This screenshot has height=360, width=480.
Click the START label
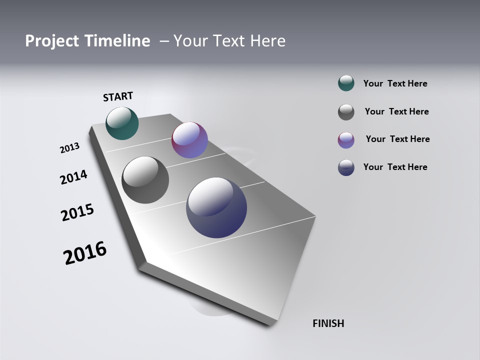[x=118, y=96]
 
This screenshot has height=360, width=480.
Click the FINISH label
[x=328, y=323]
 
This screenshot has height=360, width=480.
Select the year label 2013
[x=69, y=148]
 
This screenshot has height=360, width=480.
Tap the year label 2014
[x=73, y=177]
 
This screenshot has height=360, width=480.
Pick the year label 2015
[x=77, y=212]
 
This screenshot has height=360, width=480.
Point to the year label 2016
[x=85, y=252]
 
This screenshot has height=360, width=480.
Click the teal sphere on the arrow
[x=122, y=123]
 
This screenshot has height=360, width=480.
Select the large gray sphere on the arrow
[x=145, y=180]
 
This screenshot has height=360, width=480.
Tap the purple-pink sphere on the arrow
[x=189, y=140]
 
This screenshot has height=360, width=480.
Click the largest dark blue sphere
[x=216, y=207]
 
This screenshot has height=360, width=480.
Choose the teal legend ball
[x=346, y=83]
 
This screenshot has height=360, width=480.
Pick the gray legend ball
[x=346, y=112]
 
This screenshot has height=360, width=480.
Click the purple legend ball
[x=346, y=140]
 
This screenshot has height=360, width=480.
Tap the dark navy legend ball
[x=346, y=167]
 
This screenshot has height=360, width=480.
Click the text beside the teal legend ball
[x=395, y=84]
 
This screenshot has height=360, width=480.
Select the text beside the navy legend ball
[x=395, y=167]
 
